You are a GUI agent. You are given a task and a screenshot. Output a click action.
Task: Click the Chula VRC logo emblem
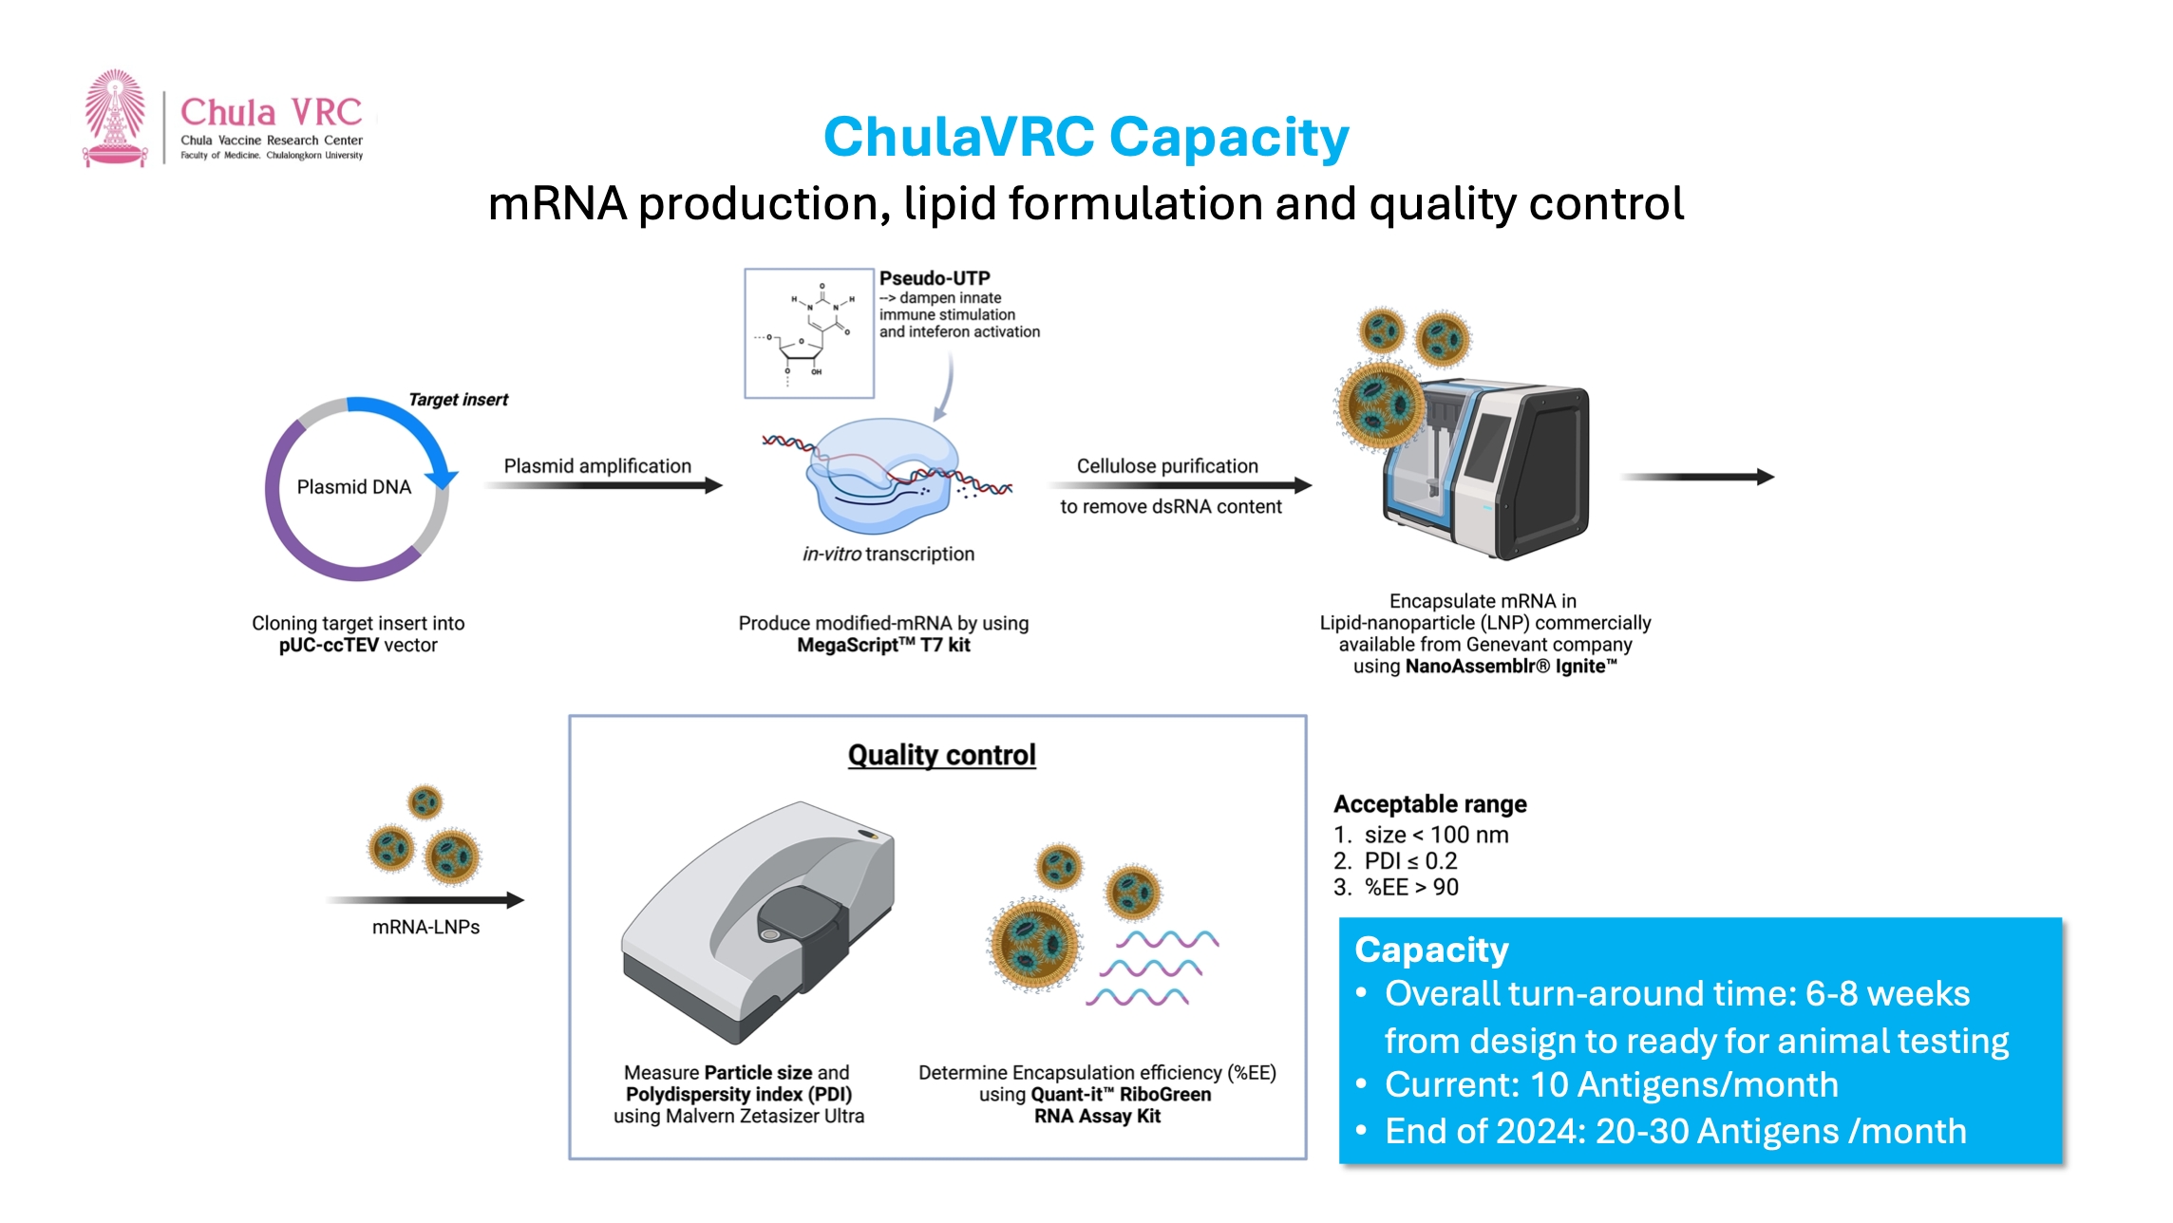pyautogui.click(x=115, y=118)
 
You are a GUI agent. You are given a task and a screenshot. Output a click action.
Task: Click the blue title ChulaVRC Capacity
pyautogui.click(x=1086, y=137)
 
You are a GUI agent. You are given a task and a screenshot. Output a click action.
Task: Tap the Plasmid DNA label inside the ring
pyautogui.click(x=353, y=487)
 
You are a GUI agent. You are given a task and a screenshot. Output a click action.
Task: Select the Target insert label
pyautogui.click(x=458, y=400)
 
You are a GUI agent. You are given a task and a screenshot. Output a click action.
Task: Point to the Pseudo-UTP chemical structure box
pyautogui.click(x=809, y=332)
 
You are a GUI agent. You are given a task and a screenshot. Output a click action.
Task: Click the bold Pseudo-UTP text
pyautogui.click(x=935, y=278)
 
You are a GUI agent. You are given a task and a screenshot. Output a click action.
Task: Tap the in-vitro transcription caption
pyautogui.click(x=888, y=554)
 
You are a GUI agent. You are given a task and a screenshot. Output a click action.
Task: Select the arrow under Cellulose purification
pyautogui.click(x=1181, y=486)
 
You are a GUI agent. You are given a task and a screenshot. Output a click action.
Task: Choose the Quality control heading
pyautogui.click(x=941, y=755)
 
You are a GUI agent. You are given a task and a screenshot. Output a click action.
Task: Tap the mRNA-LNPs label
pyautogui.click(x=425, y=927)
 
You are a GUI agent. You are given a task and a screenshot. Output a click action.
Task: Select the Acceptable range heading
pyautogui.click(x=1429, y=804)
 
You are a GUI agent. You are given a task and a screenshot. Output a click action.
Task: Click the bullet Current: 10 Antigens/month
pyautogui.click(x=1611, y=1084)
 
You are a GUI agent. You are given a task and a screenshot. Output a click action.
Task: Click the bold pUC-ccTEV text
pyautogui.click(x=329, y=646)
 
